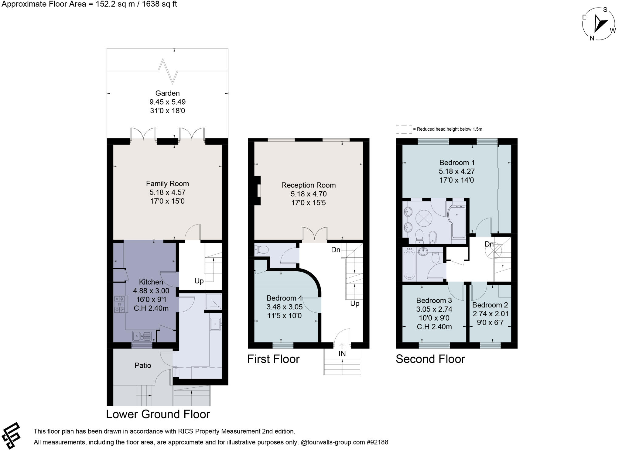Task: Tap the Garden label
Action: pos(167,93)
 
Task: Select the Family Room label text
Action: pos(167,184)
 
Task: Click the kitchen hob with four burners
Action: pos(119,304)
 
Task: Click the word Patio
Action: pos(143,365)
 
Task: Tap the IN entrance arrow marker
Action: pos(342,346)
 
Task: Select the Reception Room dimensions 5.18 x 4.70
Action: pos(308,194)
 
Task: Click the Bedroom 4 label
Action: pos(284,298)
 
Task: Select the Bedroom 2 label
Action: pos(490,305)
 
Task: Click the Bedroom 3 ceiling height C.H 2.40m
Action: pos(434,327)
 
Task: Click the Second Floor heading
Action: pos(430,359)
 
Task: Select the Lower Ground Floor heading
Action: pos(158,414)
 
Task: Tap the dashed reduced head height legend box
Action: pos(404,129)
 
